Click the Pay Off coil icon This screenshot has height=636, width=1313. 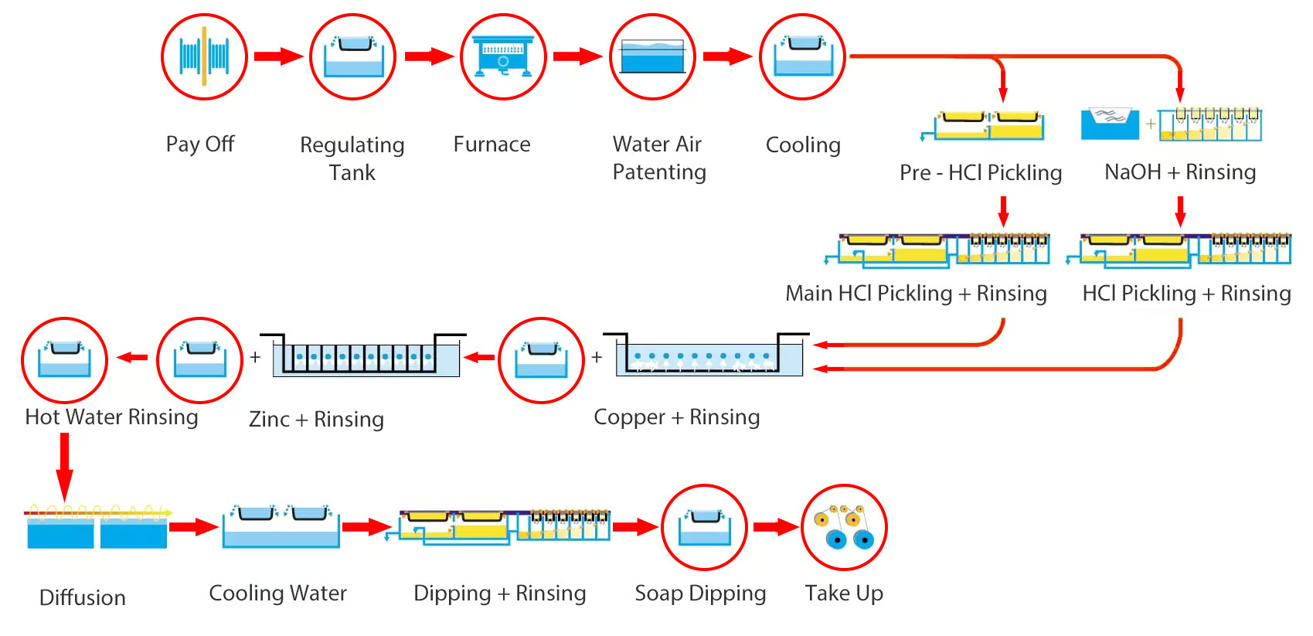coord(204,56)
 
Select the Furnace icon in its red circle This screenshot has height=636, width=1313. coord(503,56)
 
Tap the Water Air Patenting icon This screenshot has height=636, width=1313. coord(653,56)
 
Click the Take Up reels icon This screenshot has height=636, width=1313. coord(844,528)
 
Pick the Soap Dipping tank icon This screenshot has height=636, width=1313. coord(704,527)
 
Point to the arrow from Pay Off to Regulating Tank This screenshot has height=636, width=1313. coord(278,56)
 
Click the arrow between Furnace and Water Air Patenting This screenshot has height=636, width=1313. coord(577,56)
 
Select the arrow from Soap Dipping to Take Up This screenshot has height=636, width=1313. coord(775,527)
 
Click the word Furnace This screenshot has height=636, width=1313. coord(492,145)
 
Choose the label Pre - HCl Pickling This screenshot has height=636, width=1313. coord(981,172)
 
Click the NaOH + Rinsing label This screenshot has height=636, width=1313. coord(1180,172)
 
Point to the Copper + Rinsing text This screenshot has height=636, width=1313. coord(676,417)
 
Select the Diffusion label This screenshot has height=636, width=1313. coord(82,597)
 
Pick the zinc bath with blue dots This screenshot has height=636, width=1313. coord(363,356)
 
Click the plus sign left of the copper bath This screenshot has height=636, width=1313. coord(597,357)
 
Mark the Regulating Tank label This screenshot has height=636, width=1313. coord(352,158)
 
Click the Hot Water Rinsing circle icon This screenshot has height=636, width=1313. coord(64,360)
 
